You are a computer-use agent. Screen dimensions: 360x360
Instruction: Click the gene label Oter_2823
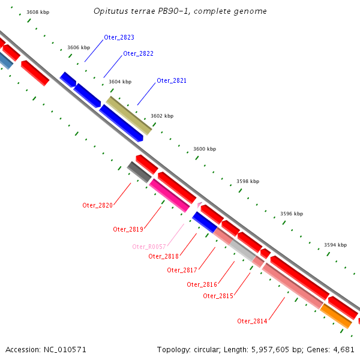119,37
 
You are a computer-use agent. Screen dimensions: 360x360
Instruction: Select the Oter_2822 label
138,54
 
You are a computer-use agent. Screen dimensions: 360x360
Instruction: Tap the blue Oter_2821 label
172,80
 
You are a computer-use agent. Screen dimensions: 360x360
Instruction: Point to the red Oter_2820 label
97,205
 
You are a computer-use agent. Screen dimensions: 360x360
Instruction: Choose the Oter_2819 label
128,229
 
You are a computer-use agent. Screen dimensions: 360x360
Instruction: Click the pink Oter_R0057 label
149,247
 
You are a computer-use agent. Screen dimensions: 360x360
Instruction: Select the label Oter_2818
163,256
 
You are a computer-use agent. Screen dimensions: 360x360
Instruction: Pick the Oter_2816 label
202,284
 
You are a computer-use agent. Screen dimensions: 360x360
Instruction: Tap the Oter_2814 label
252,321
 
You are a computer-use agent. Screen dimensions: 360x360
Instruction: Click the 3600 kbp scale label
205,149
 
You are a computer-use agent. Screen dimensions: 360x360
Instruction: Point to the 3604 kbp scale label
120,82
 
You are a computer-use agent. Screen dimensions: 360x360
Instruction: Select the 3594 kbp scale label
335,245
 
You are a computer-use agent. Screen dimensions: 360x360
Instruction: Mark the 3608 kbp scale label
38,12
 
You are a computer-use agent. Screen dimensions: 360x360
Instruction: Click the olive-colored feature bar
129,115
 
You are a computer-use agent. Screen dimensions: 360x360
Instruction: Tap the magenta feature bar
169,196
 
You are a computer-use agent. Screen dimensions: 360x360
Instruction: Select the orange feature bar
336,316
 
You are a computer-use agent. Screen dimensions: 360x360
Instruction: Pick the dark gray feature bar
139,172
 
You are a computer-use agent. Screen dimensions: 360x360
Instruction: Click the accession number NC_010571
65,350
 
